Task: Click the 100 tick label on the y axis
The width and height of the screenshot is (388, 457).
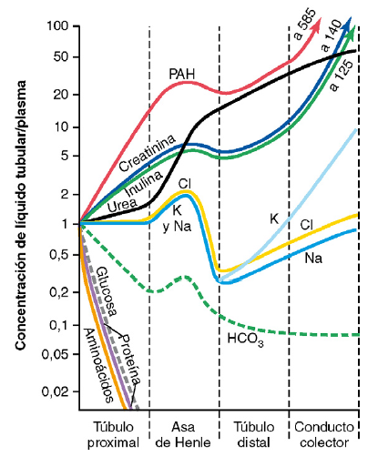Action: pyautogui.click(x=57, y=25)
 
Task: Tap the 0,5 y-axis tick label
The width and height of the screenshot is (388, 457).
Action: pyautogui.click(x=59, y=255)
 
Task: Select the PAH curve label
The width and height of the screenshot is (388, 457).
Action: pyautogui.click(x=182, y=74)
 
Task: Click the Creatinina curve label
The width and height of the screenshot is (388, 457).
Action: pyautogui.click(x=148, y=153)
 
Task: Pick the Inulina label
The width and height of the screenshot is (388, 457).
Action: pyautogui.click(x=144, y=183)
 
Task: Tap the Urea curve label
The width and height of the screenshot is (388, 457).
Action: pyautogui.click(x=122, y=205)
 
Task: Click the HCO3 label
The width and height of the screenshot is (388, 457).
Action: pyautogui.click(x=245, y=340)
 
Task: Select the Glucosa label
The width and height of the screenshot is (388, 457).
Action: pyautogui.click(x=106, y=291)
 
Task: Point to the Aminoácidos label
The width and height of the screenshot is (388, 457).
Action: pyautogui.click(x=98, y=365)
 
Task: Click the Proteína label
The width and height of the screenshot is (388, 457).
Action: pyautogui.click(x=130, y=360)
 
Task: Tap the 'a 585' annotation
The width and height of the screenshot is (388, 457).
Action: pyautogui.click(x=305, y=25)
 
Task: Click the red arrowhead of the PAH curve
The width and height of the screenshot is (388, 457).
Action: pyautogui.click(x=317, y=25)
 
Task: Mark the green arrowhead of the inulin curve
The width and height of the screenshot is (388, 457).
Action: pyautogui.click(x=352, y=33)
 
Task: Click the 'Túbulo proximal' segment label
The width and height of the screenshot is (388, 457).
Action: pyautogui.click(x=114, y=434)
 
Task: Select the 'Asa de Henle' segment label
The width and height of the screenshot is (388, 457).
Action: pyautogui.click(x=183, y=434)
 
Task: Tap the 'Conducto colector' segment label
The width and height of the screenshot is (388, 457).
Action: pyautogui.click(x=324, y=434)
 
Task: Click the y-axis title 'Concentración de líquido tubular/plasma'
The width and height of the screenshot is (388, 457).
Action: pyautogui.click(x=21, y=216)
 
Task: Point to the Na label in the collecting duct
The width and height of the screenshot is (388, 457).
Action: pyautogui.click(x=313, y=259)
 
